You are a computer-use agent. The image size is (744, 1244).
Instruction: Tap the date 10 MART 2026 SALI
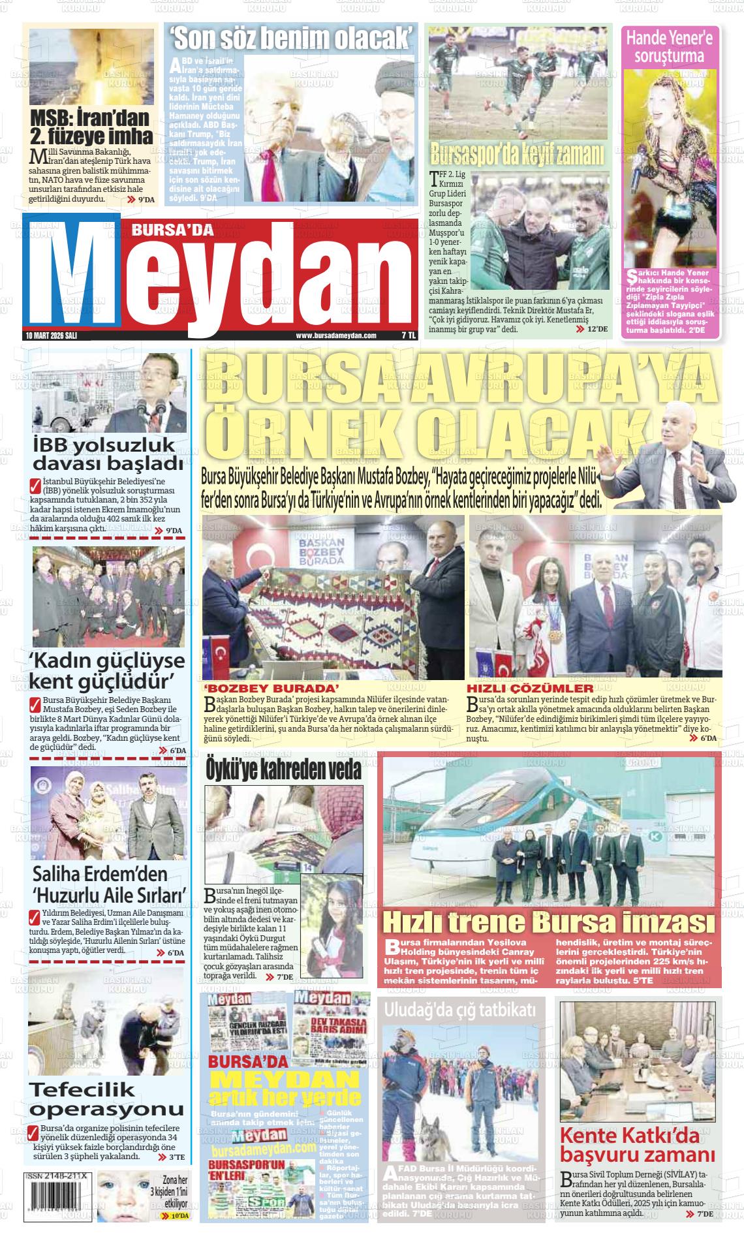coord(51,335)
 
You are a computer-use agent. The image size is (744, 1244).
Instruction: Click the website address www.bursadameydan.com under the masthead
coord(336,335)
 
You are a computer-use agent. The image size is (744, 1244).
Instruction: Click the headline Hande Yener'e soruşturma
coord(670,46)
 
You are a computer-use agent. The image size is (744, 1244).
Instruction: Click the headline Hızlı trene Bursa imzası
coord(548,922)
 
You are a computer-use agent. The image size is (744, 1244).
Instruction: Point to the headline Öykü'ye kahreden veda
coord(283,769)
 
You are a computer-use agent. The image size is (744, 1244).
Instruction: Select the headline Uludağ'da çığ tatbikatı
coord(460,1010)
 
